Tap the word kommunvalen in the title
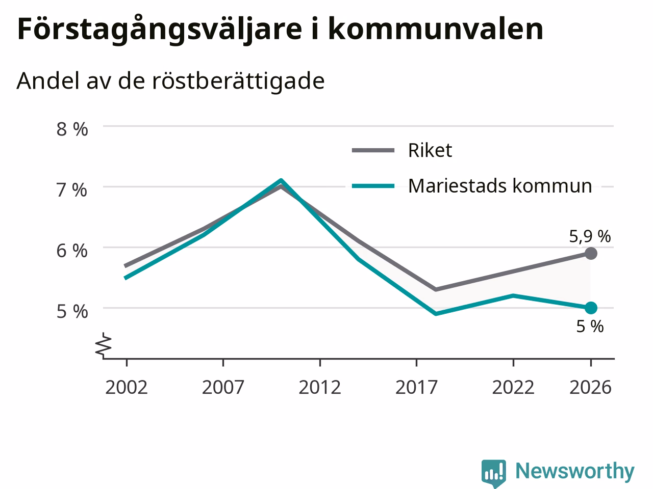[x=436, y=29]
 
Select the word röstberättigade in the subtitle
[x=238, y=80]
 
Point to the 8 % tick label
[x=72, y=129]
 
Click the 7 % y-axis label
[x=72, y=190]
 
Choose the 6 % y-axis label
[x=72, y=251]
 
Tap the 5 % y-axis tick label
[x=72, y=311]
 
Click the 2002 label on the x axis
[x=127, y=387]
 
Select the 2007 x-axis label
[x=223, y=387]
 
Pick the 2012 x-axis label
[x=320, y=387]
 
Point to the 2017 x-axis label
[x=416, y=387]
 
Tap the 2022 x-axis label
[x=513, y=387]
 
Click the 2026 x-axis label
[x=591, y=387]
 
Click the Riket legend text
[x=430, y=150]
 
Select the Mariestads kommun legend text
[x=500, y=186]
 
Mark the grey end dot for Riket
[x=591, y=253]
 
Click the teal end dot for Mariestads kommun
[x=591, y=308]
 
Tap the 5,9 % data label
[x=590, y=237]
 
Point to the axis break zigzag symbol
[x=104, y=344]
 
